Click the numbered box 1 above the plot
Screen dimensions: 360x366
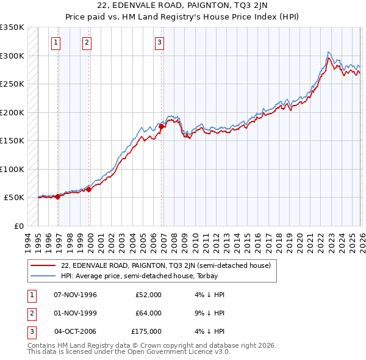56,43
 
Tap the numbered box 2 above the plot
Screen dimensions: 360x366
87,43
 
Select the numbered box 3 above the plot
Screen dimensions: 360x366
159,43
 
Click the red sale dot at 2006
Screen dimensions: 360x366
162,126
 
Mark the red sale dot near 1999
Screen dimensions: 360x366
89,189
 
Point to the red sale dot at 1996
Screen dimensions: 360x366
58,196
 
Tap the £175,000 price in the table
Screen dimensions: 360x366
146,331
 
